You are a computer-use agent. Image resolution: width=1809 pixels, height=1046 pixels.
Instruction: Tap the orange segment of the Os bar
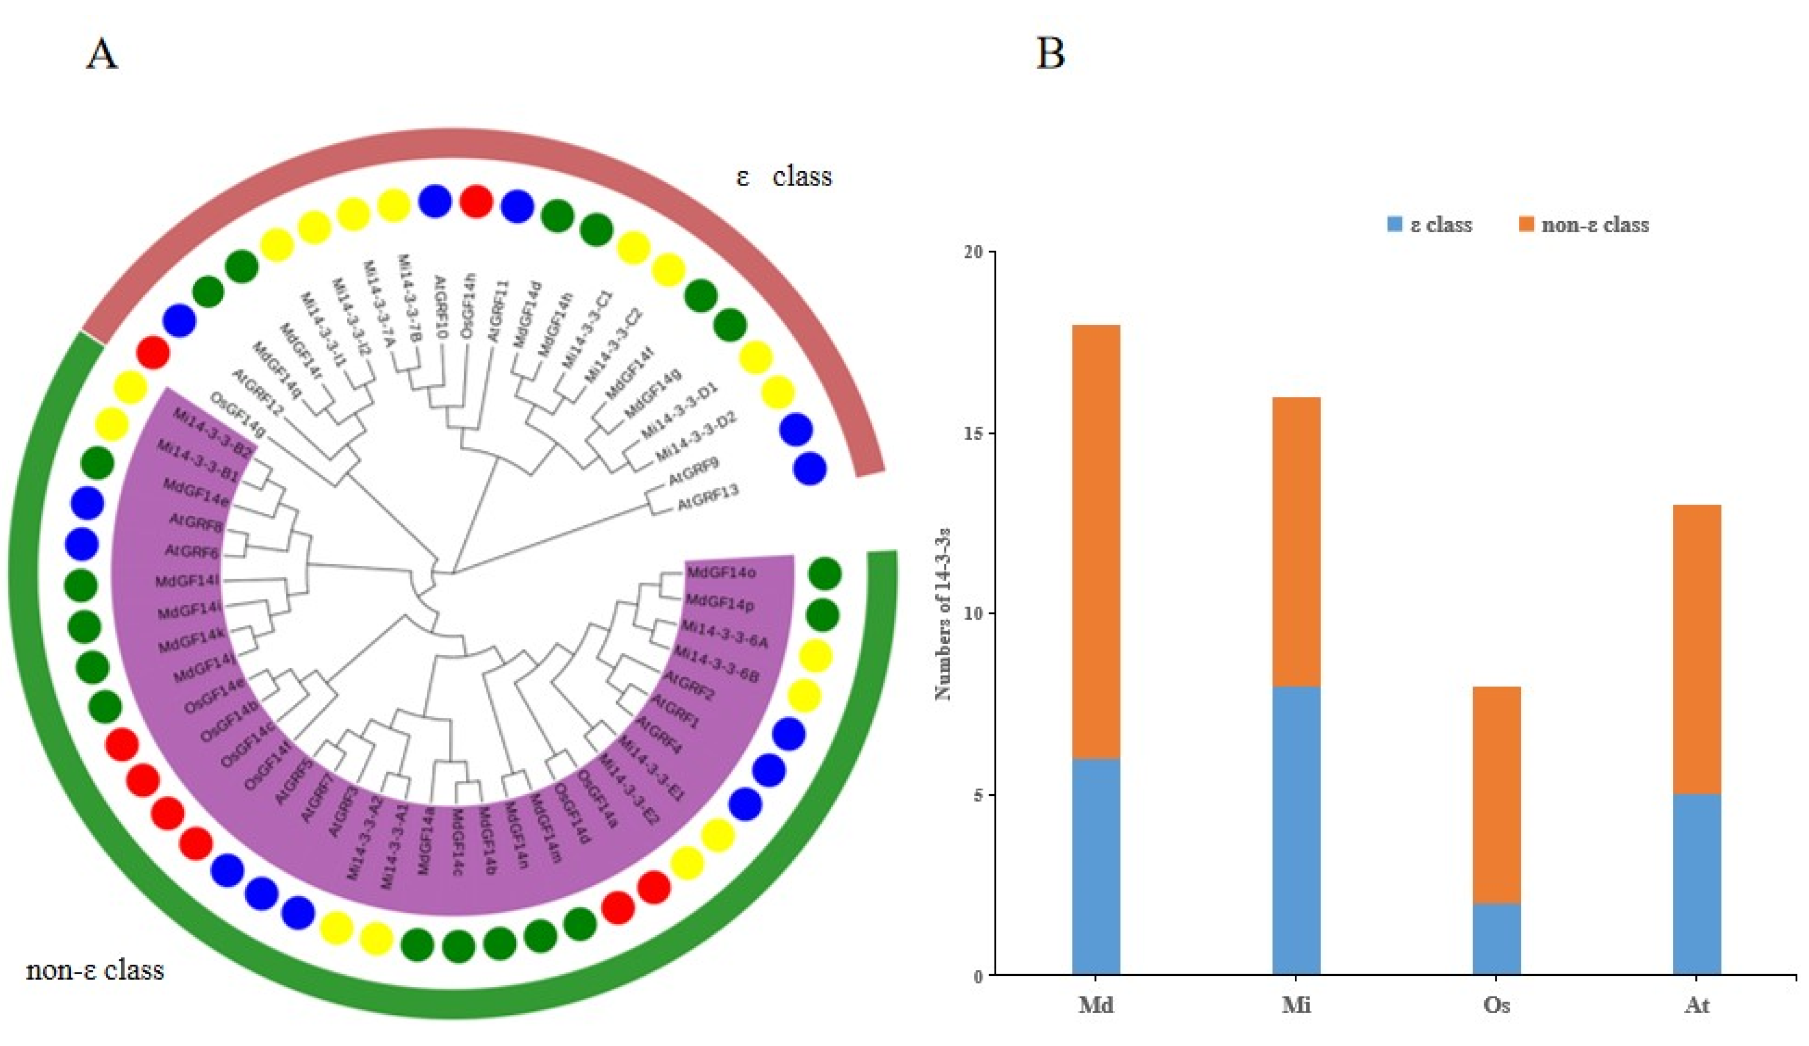tap(1497, 795)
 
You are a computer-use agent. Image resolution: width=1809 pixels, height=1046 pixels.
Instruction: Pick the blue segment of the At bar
tap(1697, 884)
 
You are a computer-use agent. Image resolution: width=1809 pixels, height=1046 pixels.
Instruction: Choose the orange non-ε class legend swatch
tap(1526, 224)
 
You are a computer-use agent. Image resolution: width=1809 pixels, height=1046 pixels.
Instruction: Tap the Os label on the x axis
tap(1497, 1006)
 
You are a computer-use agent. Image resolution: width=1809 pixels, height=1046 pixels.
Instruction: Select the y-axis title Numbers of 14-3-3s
tap(943, 613)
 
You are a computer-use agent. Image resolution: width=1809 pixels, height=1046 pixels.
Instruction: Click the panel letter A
tap(102, 54)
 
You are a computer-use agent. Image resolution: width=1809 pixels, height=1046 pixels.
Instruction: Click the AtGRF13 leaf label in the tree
tap(708, 498)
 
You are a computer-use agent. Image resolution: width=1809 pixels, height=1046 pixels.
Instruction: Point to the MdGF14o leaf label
tap(721, 573)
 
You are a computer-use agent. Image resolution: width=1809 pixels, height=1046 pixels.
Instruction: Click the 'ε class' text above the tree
tap(784, 177)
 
